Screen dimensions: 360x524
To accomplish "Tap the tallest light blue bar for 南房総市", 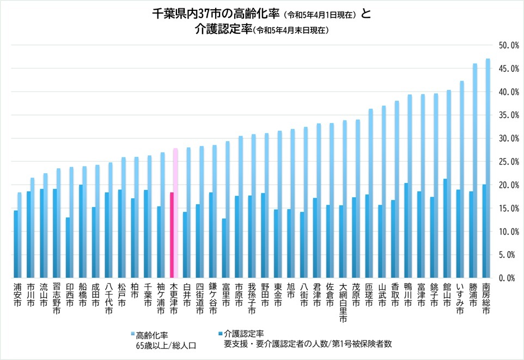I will pyautogui.click(x=488, y=163).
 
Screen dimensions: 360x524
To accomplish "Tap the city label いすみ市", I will pyautogui.click(x=460, y=297).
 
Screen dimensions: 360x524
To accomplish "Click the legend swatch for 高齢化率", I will pyautogui.click(x=132, y=334).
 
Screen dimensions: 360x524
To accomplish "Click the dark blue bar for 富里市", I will pyautogui.click(x=223, y=248).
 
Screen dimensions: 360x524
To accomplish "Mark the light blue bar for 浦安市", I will pyautogui.click(x=20, y=234).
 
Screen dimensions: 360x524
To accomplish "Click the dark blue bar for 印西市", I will pyautogui.click(x=68, y=247).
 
